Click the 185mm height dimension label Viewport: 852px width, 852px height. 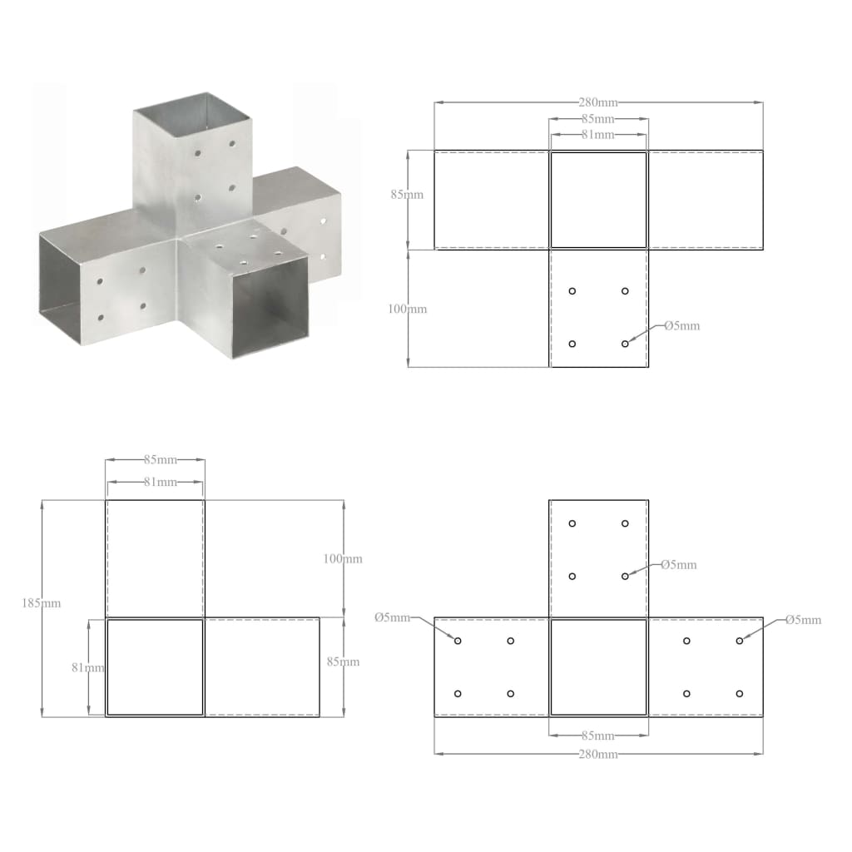point(41,603)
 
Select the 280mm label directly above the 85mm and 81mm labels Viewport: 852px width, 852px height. point(598,102)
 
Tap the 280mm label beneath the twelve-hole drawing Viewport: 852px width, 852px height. point(598,754)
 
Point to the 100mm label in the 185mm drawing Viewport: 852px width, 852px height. point(343,559)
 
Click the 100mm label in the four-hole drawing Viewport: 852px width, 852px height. point(408,309)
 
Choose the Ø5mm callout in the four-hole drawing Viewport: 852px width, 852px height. point(681,325)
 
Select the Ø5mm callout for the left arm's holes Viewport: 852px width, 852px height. point(392,617)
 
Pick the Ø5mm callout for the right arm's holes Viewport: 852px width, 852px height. point(803,620)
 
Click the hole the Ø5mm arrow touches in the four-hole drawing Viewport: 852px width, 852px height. point(625,344)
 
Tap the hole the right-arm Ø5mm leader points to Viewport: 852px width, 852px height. point(739,641)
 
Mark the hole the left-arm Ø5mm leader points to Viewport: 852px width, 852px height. point(458,641)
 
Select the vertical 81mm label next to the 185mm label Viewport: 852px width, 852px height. point(87,666)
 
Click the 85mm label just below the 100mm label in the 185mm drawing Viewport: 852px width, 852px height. point(342,662)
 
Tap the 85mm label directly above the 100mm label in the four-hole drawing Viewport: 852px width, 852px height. point(408,195)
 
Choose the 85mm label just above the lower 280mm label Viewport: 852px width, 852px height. point(598,736)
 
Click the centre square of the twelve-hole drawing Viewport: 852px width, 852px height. point(598,666)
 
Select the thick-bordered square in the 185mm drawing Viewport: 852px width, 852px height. point(155,666)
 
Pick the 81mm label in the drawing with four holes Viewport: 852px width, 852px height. point(598,134)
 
